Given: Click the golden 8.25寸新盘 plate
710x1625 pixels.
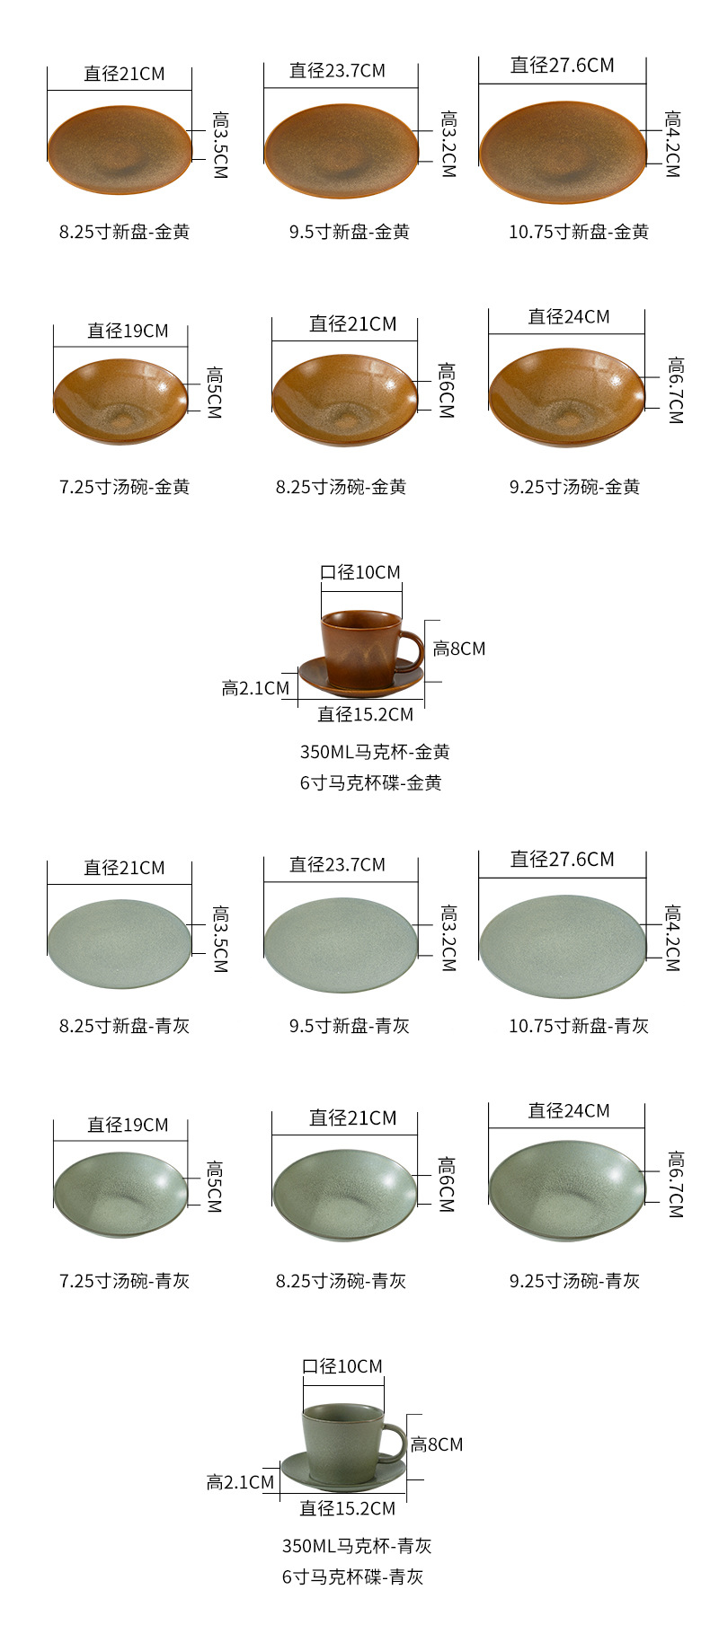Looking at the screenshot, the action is click(120, 149).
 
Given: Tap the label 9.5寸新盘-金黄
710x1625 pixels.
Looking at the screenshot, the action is click(349, 232).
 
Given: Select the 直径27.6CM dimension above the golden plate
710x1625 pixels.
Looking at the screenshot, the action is click(562, 66).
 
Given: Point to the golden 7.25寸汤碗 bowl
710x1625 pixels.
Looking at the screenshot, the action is click(120, 401).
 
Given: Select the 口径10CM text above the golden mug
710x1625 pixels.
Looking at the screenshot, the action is click(360, 572).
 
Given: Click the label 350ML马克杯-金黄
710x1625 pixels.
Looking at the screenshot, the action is click(374, 752).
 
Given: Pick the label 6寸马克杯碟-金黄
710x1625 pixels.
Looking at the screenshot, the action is click(370, 782).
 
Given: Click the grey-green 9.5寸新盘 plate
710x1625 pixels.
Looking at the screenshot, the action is click(342, 946).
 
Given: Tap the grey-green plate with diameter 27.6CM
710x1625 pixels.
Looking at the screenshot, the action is click(563, 946).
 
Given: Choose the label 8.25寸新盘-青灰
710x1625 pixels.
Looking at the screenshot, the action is click(124, 1026).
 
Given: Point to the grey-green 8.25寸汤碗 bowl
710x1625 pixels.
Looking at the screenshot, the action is click(344, 1195).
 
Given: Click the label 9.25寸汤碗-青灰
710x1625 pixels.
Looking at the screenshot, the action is click(574, 1281).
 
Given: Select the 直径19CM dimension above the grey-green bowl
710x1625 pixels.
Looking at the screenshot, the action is click(128, 1125).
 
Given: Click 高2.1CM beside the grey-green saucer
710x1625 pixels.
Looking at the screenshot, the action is click(240, 1482).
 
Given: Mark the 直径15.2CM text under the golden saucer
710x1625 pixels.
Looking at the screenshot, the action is click(365, 714).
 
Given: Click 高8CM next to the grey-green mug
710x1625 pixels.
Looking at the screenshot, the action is click(437, 1444).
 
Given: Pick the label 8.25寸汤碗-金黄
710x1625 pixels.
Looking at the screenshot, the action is click(341, 487).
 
